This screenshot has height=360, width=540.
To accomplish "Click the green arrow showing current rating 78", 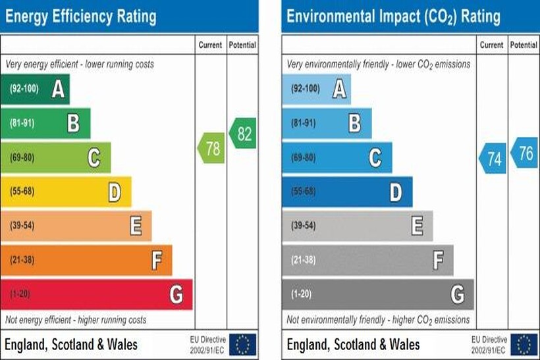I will [x=211, y=148].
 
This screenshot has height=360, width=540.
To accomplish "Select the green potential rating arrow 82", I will [x=243, y=134].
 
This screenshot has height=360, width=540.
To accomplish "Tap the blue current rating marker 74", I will [x=493, y=159].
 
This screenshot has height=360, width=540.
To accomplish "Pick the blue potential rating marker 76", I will [x=524, y=153].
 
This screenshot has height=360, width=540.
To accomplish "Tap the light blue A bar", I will [x=316, y=90].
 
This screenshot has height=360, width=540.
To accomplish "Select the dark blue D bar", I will [x=347, y=192].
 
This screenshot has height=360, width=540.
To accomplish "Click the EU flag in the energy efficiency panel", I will [x=242, y=344].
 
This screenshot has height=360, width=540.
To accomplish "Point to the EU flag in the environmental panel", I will [x=524, y=344].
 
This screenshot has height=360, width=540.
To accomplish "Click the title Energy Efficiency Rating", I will [x=82, y=16].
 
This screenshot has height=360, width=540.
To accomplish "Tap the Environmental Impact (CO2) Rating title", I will [x=393, y=16].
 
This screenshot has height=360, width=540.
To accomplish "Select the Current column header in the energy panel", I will [x=211, y=45].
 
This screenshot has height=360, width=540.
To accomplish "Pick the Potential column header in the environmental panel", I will [x=524, y=45].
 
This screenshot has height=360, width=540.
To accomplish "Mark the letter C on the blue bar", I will [x=375, y=158].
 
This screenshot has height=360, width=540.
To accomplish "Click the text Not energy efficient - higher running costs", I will [x=76, y=320].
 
